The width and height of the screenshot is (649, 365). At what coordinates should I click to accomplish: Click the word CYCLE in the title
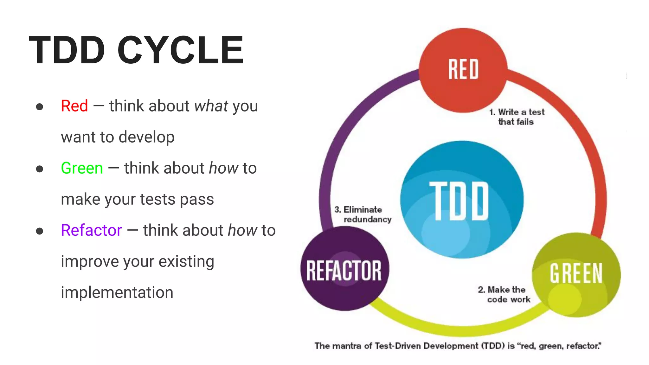point(180,50)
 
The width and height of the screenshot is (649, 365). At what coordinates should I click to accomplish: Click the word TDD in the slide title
point(67,50)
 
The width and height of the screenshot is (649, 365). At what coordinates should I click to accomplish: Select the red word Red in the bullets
point(74,106)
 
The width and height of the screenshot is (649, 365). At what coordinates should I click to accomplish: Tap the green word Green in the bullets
point(82,168)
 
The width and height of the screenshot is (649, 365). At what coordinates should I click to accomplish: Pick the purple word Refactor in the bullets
point(91,230)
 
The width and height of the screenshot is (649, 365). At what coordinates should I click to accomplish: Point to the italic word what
point(211,106)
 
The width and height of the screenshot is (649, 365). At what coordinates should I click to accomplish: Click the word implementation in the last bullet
point(117,292)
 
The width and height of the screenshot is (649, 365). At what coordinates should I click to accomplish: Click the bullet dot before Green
point(40,169)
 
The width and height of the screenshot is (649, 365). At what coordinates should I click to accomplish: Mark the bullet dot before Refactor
point(40,231)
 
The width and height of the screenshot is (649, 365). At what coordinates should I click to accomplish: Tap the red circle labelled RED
point(463,70)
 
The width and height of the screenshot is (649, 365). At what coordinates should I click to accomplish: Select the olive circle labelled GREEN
point(576,274)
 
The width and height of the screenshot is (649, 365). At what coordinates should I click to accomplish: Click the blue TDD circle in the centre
point(461,200)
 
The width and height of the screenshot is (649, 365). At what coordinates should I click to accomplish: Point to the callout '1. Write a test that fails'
point(517,117)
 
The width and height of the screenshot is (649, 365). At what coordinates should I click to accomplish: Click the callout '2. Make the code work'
point(504,294)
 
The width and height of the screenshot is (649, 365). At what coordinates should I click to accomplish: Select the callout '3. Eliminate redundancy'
point(363,215)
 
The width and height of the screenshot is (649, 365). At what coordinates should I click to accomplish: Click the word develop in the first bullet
point(146,137)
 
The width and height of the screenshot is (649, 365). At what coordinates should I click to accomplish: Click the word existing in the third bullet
point(186,262)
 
